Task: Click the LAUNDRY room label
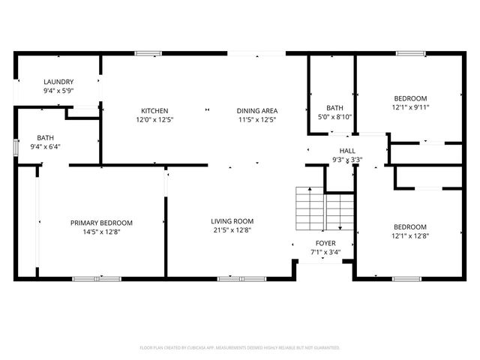click(58, 82)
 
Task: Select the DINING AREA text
click(257, 110)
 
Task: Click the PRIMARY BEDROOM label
click(101, 223)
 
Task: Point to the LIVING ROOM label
click(232, 221)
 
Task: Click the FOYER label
click(325, 243)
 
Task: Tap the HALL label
click(347, 151)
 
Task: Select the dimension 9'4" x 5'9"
click(58, 91)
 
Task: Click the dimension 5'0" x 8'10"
click(334, 116)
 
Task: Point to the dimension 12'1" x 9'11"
click(411, 107)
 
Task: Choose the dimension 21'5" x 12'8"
click(232, 230)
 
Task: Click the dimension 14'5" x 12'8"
click(101, 232)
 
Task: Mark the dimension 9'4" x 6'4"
click(45, 147)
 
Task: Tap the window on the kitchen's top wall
click(148, 53)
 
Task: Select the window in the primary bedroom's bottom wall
click(96, 279)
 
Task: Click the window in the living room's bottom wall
click(231, 279)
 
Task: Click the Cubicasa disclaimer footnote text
click(240, 348)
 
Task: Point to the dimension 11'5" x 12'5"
click(257, 119)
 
